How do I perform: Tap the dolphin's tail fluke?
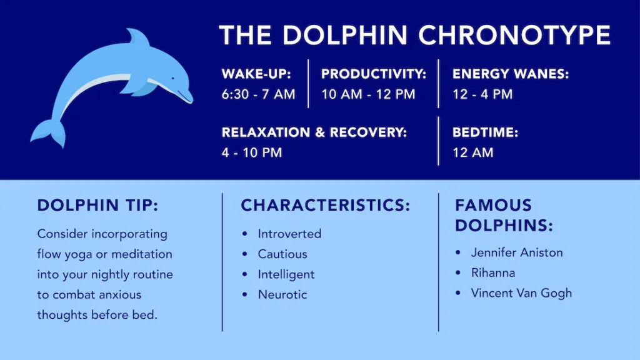point(50,132)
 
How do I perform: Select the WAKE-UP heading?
point(256,74)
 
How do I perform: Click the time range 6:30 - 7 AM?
point(258,95)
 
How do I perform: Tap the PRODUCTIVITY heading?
point(373,74)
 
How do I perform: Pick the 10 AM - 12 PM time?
point(368,95)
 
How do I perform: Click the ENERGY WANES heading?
point(511,74)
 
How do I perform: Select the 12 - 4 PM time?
point(482,95)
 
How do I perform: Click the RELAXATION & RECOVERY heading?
point(314,132)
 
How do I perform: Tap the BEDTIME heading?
point(486,132)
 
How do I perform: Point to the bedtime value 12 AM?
point(473,152)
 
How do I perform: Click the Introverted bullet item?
point(289,234)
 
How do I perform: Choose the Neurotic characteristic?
point(282,294)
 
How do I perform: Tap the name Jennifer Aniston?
point(517,252)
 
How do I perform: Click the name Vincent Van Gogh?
point(521,292)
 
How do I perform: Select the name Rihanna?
point(493,272)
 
